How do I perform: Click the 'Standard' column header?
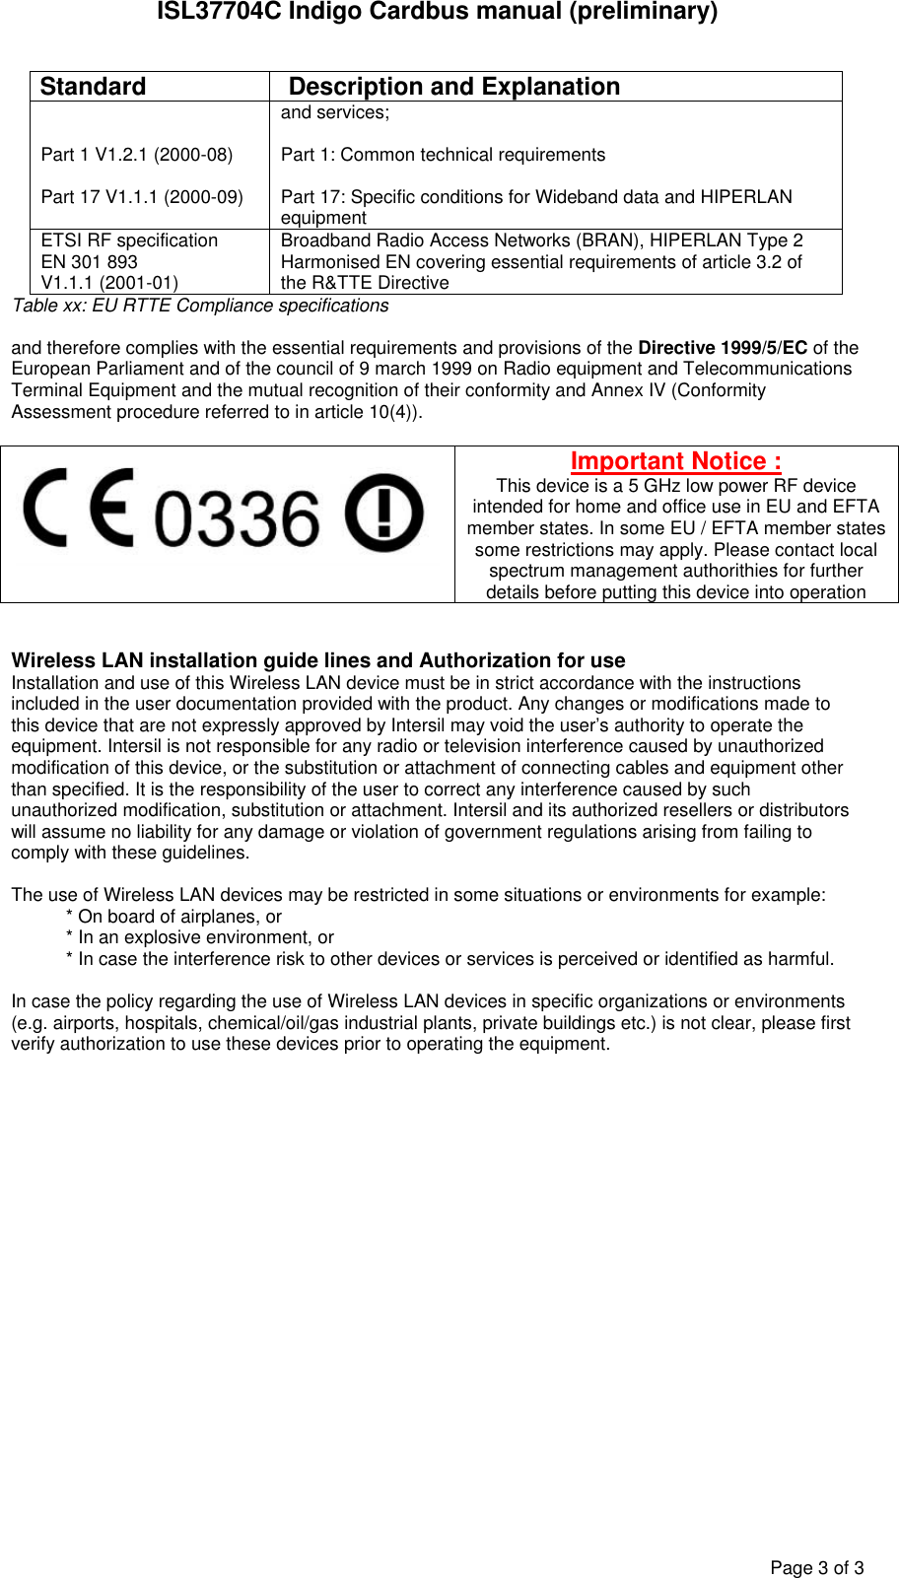(x=93, y=87)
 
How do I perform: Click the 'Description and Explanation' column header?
(x=453, y=87)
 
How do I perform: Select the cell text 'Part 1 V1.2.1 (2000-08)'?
(x=137, y=155)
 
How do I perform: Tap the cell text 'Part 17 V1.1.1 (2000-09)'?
(x=142, y=197)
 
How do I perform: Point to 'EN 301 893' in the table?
(x=90, y=262)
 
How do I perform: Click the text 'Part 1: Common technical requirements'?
(x=443, y=155)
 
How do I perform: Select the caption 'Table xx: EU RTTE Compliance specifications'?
(x=200, y=306)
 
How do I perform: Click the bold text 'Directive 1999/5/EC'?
(x=723, y=348)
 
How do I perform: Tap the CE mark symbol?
(x=79, y=510)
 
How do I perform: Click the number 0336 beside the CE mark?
(x=238, y=518)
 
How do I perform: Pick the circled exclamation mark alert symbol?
(x=384, y=514)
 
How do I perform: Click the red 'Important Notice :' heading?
(x=675, y=461)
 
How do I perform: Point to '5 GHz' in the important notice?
(x=655, y=486)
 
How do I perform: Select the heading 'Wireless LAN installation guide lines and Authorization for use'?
(x=318, y=660)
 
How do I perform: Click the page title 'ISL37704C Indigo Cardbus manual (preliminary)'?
(x=438, y=12)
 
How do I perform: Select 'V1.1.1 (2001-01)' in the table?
(x=109, y=284)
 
